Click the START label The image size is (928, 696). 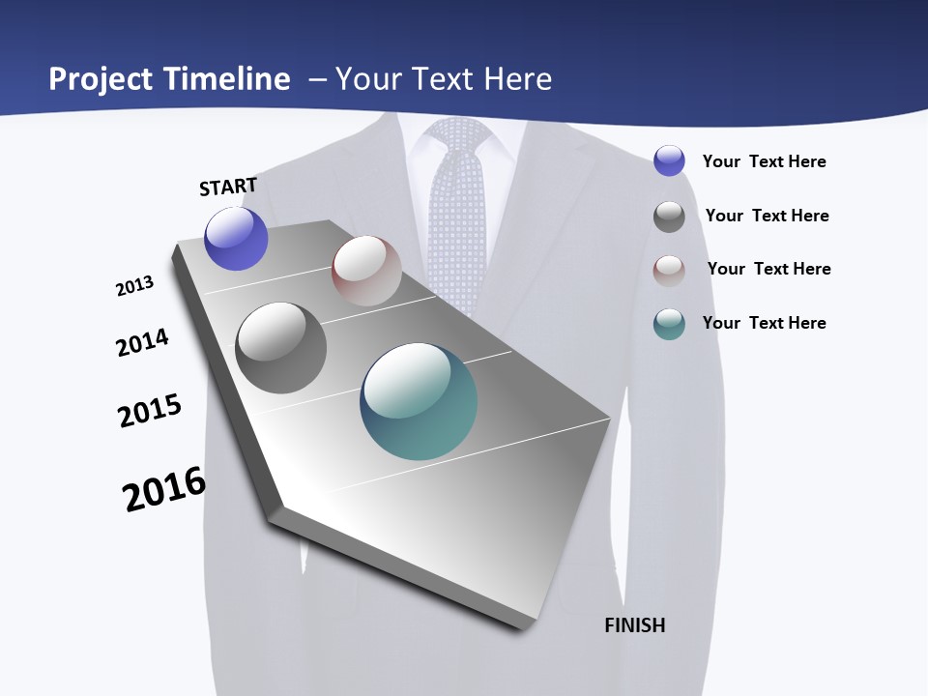click(x=228, y=187)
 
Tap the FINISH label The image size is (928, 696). click(x=634, y=625)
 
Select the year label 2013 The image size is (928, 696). click(x=134, y=286)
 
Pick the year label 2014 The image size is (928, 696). click(x=142, y=342)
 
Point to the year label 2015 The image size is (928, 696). click(x=150, y=411)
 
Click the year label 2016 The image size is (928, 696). click(x=164, y=488)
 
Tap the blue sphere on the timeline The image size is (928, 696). click(x=236, y=239)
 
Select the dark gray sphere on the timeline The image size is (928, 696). click(x=280, y=348)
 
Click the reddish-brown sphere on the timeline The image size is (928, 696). click(x=366, y=271)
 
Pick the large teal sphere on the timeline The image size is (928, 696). click(x=419, y=401)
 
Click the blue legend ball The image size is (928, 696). click(x=669, y=161)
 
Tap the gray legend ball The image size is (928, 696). click(x=669, y=217)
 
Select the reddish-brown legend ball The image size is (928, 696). click(x=669, y=270)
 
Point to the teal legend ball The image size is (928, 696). click(x=669, y=324)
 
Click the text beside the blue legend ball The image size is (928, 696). click(x=764, y=161)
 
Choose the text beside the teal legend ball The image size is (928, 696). click(x=764, y=323)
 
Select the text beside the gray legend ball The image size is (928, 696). click(x=767, y=216)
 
